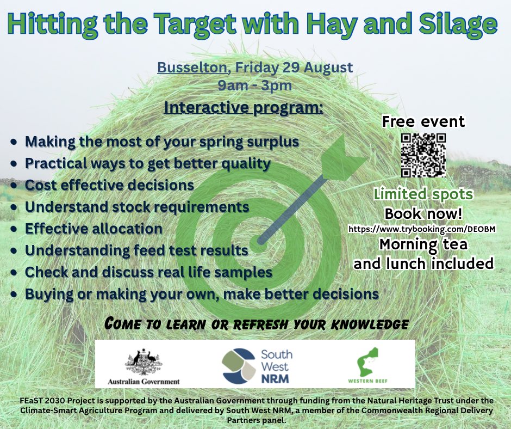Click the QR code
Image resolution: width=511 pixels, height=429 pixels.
click(423, 155)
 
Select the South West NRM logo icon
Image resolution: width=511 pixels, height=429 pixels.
click(239, 364)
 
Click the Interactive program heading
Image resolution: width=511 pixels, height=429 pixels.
click(244, 107)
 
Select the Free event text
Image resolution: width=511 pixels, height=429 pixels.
click(423, 121)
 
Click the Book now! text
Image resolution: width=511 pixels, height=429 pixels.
click(423, 213)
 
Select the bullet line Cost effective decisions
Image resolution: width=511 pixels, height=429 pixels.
click(109, 185)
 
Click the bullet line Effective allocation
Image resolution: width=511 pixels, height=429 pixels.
click(94, 229)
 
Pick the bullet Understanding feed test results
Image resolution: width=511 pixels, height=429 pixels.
click(136, 251)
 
